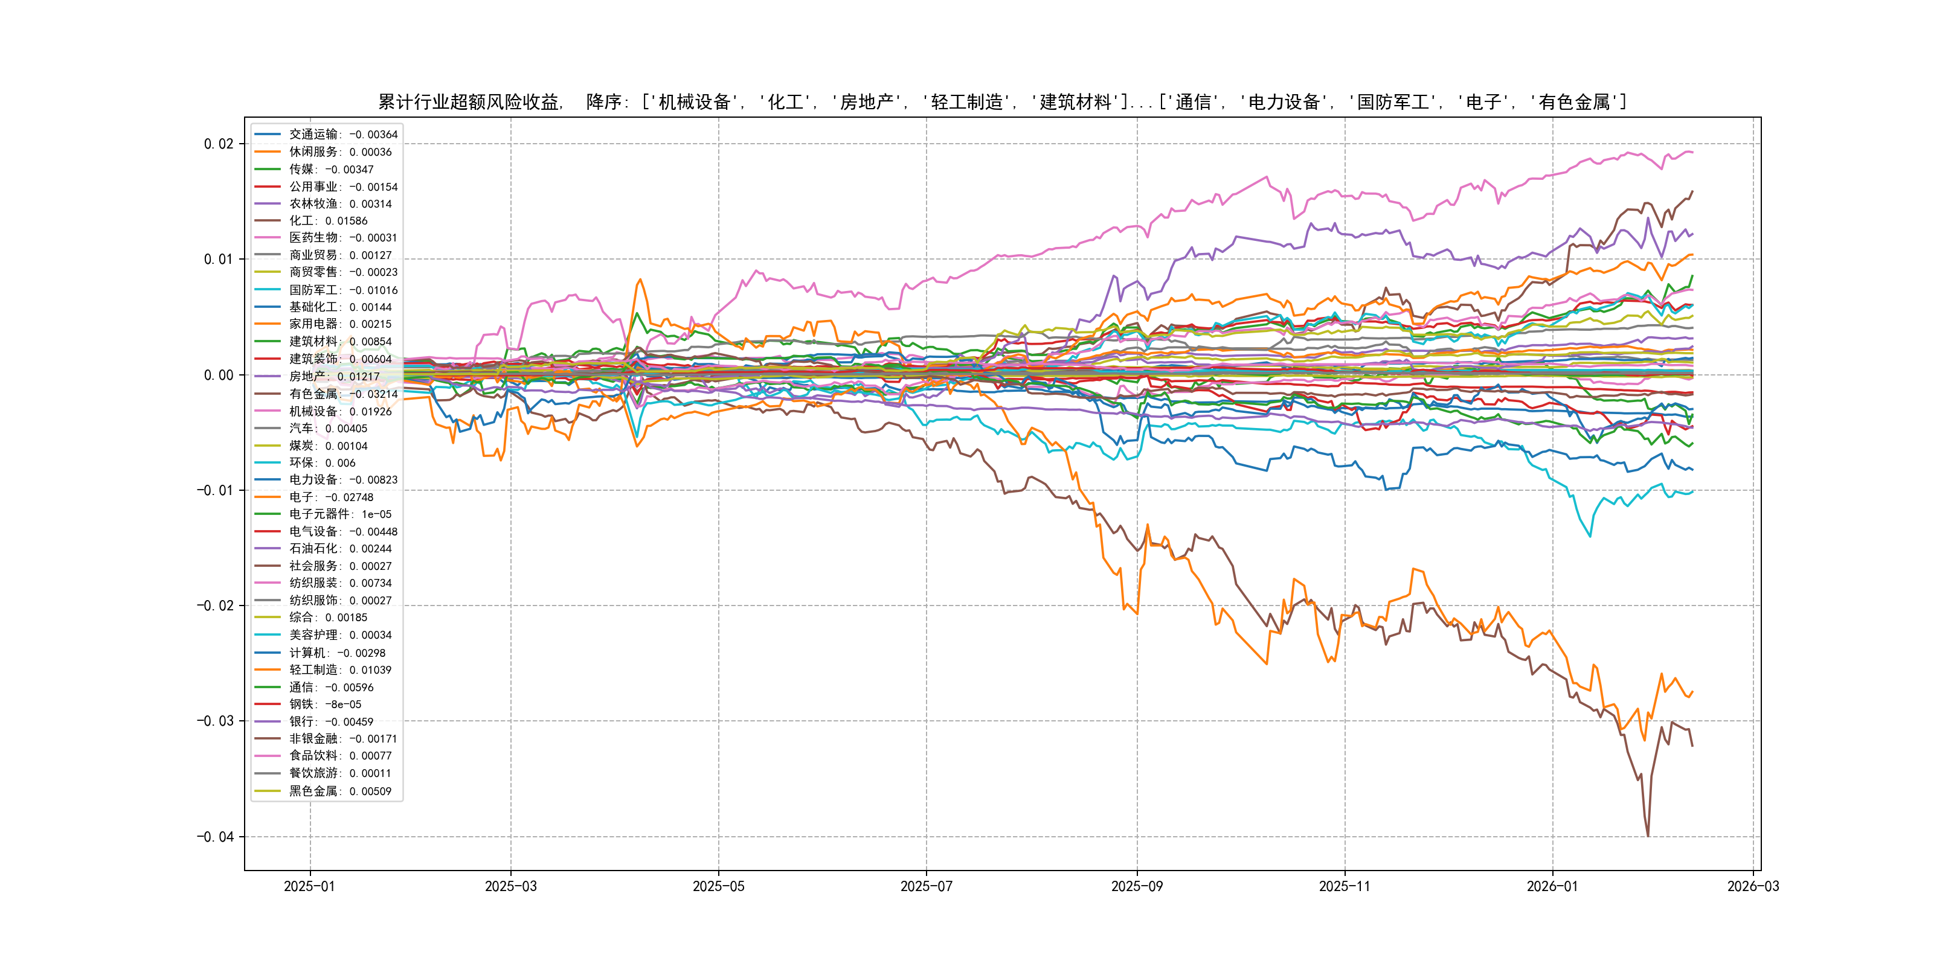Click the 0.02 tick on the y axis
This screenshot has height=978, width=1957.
218,144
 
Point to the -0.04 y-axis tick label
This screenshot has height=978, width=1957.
215,837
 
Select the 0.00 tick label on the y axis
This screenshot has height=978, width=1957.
218,375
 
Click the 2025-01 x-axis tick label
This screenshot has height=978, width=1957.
309,887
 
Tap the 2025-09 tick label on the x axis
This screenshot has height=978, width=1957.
1137,887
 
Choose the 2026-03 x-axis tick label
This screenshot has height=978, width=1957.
1753,887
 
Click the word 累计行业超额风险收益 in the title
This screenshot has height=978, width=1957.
469,103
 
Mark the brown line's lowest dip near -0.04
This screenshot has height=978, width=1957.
1648,836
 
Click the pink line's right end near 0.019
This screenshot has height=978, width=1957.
1692,153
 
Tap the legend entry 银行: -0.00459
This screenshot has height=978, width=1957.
330,722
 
